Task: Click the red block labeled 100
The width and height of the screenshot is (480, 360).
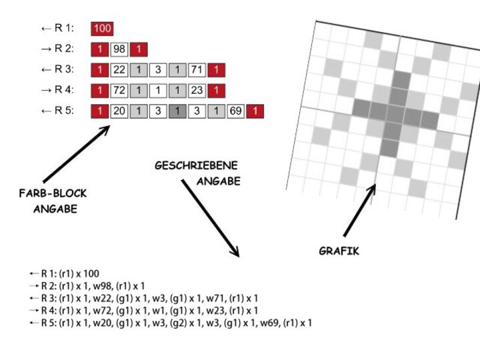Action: pyautogui.click(x=103, y=28)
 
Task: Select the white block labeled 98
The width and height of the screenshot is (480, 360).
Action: pyautogui.click(x=119, y=49)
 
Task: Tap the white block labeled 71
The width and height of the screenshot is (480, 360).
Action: pyautogui.click(x=197, y=70)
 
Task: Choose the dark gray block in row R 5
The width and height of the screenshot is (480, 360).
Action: pyautogui.click(x=177, y=111)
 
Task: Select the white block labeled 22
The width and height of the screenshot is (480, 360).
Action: pyautogui.click(x=119, y=70)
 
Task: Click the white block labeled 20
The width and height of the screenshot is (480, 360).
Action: pyautogui.click(x=119, y=111)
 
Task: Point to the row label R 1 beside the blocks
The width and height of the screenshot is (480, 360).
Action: pyautogui.click(x=64, y=29)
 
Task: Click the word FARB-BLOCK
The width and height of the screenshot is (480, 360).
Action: pyautogui.click(x=53, y=194)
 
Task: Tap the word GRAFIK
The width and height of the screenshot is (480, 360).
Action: pyautogui.click(x=339, y=251)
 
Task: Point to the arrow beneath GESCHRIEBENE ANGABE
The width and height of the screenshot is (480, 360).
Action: pyautogui.click(x=210, y=217)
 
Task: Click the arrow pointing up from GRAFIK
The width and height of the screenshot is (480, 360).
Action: pyautogui.click(x=360, y=210)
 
